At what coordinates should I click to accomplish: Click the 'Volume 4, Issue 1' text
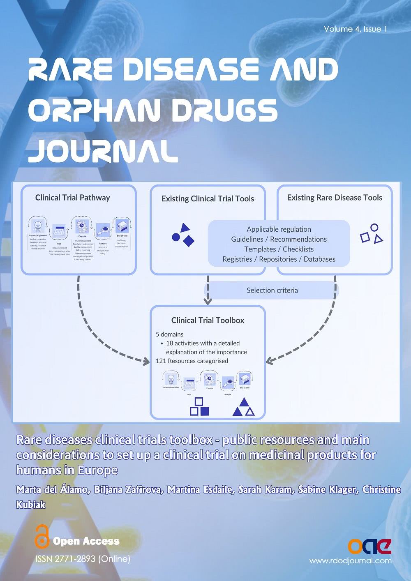(355, 29)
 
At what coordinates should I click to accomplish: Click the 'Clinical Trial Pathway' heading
(73, 198)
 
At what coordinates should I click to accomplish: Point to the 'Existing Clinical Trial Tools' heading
(208, 198)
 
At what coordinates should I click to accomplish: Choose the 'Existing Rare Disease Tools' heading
(335, 198)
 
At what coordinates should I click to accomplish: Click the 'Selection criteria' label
(272, 290)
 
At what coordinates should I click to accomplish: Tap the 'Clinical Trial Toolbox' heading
(208, 320)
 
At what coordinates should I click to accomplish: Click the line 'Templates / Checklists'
(279, 249)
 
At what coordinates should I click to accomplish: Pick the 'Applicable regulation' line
(279, 229)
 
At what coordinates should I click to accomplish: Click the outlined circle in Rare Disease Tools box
(374, 227)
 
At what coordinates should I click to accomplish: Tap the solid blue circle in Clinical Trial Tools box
(175, 237)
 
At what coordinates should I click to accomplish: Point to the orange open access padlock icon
(42, 536)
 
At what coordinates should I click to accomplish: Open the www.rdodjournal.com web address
(350, 560)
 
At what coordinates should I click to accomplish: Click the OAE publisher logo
(369, 546)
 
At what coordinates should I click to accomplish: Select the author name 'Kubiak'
(31, 504)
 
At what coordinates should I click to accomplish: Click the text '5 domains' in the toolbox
(169, 334)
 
